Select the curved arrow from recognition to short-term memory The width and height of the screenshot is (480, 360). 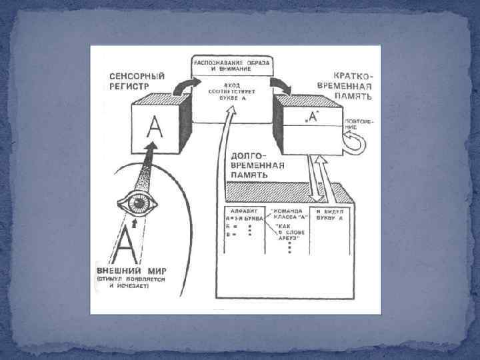pos(283,85)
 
